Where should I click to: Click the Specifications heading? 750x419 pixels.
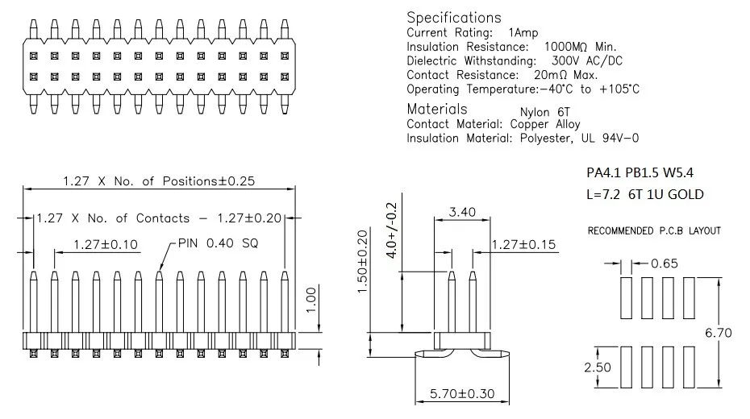click(454, 18)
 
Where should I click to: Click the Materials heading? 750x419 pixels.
click(437, 109)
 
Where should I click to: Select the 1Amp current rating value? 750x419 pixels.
click(523, 32)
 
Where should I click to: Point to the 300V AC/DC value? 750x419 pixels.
click(587, 60)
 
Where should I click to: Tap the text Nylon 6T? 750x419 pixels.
click(545, 112)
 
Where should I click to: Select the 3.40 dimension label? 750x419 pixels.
click(462, 212)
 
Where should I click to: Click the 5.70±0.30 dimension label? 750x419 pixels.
click(462, 394)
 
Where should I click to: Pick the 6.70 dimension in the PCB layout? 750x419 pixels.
click(719, 333)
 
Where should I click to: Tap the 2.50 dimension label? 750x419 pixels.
click(598, 367)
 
